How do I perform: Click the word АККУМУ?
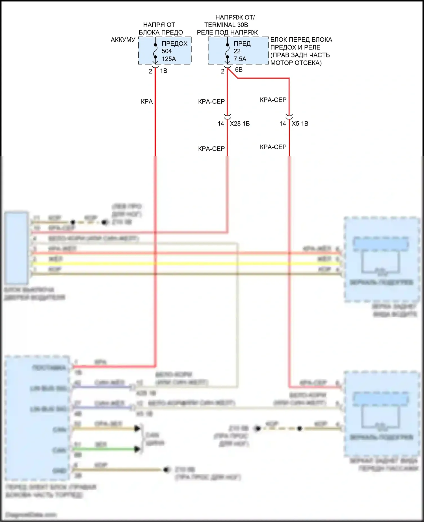pos(123,40)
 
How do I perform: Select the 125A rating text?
pos(169,59)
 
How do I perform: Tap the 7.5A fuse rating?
pos(240,59)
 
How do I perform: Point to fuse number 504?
pos(166,51)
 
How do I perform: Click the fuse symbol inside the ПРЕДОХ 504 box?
pos(155,51)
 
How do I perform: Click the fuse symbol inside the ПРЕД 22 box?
pos(227,51)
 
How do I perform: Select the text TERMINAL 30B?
pos(226,25)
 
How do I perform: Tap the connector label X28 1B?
pos(240,124)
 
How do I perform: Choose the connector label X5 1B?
pos(300,124)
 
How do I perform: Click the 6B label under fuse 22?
pos(239,70)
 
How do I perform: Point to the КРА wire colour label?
pos(147,102)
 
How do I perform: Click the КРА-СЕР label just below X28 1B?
pos(211,149)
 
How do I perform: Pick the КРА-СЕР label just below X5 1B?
pos(273,147)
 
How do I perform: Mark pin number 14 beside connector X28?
pos(221,124)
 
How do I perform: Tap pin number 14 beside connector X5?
pos(283,124)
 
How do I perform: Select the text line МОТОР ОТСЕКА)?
pos(296,63)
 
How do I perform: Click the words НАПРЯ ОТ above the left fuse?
pos(159,25)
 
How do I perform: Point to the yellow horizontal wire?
pos(187,264)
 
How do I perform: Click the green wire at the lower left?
pos(105,449)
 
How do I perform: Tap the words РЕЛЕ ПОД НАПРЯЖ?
pos(227,33)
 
